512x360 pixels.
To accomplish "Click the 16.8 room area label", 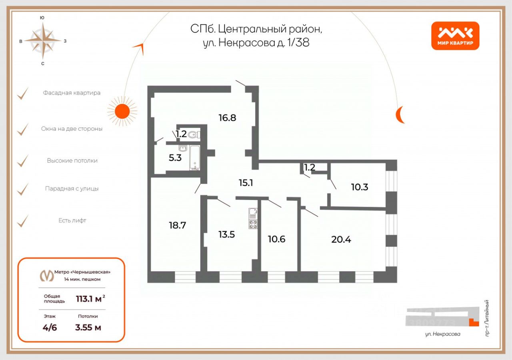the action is [227, 118].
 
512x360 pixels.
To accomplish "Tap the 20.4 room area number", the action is [341, 240].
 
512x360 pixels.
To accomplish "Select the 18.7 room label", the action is [177, 225].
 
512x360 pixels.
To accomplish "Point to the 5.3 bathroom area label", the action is [175, 158].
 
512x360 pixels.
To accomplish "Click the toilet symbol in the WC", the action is [194, 135].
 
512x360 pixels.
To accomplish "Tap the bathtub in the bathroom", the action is [195, 158].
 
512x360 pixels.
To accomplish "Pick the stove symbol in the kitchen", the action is [253, 224].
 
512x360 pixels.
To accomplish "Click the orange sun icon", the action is [122, 111].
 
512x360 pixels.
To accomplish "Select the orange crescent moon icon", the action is [400, 115].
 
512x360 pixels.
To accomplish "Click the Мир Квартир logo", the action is [455, 36].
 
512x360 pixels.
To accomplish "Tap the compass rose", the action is [43, 41].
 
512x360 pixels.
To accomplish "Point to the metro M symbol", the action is [47, 276].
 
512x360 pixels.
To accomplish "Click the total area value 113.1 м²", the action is [90, 299].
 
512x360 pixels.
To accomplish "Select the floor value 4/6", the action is [50, 328].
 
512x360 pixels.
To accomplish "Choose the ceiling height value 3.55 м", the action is [88, 328].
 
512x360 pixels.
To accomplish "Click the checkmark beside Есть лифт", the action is [23, 221].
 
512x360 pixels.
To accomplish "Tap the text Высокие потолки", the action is [72, 161].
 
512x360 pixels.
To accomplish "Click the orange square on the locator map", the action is [474, 322].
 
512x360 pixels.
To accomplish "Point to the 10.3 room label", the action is [360, 187].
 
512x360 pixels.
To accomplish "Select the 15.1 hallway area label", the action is [246, 183].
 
